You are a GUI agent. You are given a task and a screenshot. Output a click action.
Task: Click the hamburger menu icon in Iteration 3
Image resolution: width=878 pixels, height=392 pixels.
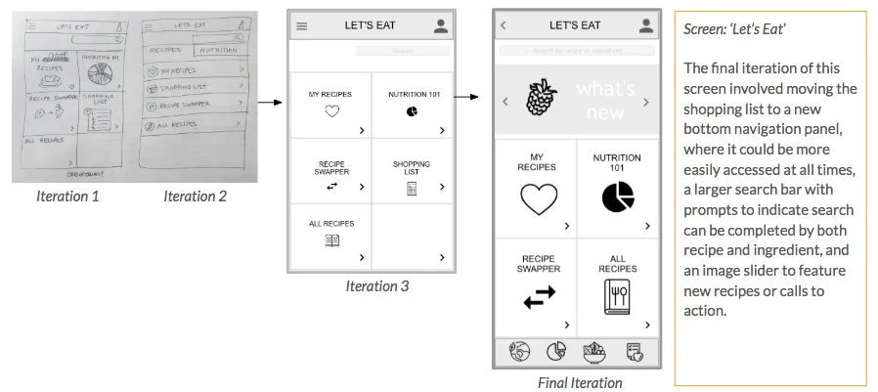(x=301, y=26)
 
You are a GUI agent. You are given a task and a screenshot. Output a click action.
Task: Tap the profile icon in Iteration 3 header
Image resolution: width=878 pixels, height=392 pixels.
(x=441, y=26)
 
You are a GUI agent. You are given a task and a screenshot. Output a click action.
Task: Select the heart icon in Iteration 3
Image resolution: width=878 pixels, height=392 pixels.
(x=331, y=111)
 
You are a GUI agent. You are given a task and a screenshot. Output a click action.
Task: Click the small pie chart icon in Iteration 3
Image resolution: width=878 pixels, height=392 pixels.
(x=412, y=111)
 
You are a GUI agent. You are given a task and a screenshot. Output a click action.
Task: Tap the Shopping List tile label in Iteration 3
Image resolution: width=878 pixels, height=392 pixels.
(x=412, y=168)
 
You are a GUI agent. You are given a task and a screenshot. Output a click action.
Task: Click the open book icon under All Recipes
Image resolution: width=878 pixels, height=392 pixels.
(x=331, y=240)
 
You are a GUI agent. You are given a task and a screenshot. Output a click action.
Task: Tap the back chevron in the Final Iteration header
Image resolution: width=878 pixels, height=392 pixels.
(x=504, y=25)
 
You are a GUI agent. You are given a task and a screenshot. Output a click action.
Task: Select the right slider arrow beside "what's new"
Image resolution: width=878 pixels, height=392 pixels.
(x=646, y=102)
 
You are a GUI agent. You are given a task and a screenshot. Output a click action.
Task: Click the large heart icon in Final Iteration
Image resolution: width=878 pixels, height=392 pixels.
(x=537, y=199)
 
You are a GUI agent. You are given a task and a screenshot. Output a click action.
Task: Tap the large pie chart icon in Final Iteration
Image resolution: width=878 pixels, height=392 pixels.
(x=617, y=198)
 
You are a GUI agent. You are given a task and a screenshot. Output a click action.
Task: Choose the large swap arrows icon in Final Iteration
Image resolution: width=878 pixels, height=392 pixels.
(x=537, y=297)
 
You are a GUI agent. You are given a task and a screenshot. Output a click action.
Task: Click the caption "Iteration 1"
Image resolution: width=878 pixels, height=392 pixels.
(x=68, y=196)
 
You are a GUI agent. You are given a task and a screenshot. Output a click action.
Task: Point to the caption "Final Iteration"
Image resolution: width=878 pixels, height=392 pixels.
(x=580, y=382)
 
